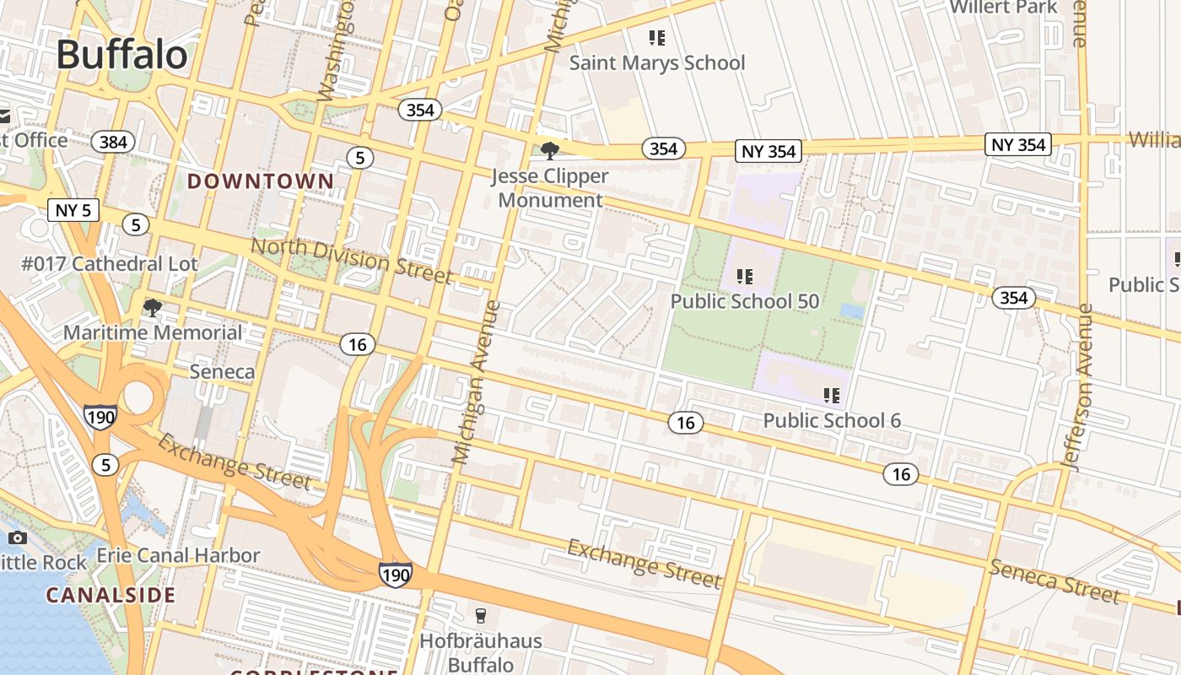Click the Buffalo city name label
[x=122, y=55]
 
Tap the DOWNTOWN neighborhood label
[x=261, y=181]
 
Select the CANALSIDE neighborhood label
[x=111, y=595]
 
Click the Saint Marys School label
[x=657, y=62]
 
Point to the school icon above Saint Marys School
[x=657, y=38]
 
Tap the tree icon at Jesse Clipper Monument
[x=550, y=152]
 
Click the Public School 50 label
[x=743, y=301]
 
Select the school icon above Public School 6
[x=832, y=395]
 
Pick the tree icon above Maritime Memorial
[x=152, y=308]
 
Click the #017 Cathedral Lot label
[x=110, y=264]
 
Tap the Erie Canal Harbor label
[x=178, y=555]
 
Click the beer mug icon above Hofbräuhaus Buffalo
[x=481, y=615]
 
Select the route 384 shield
[x=113, y=142]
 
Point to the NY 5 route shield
[x=74, y=210]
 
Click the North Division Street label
[x=352, y=259]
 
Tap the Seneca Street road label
[x=1055, y=580]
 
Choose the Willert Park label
[x=1003, y=8]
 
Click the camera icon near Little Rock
[x=17, y=538]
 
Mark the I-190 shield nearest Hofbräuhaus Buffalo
[x=396, y=575]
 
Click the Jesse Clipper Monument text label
[x=550, y=188]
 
